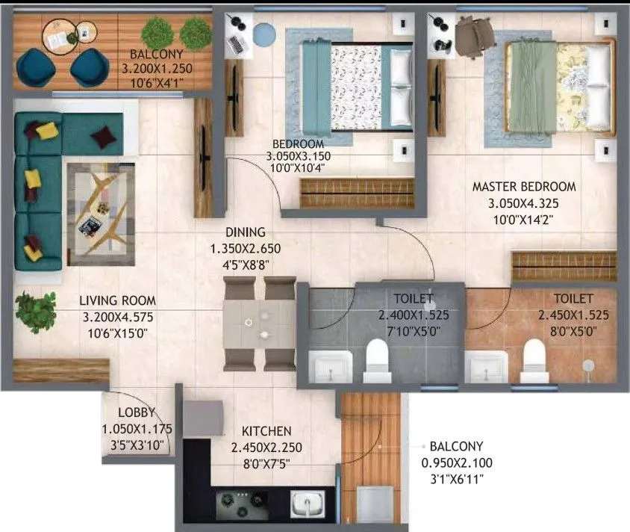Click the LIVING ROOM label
coord(117,302)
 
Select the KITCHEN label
coord(266,431)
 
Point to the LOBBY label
coord(136,413)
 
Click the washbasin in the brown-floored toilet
coord(486,366)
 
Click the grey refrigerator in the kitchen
coord(203,418)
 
